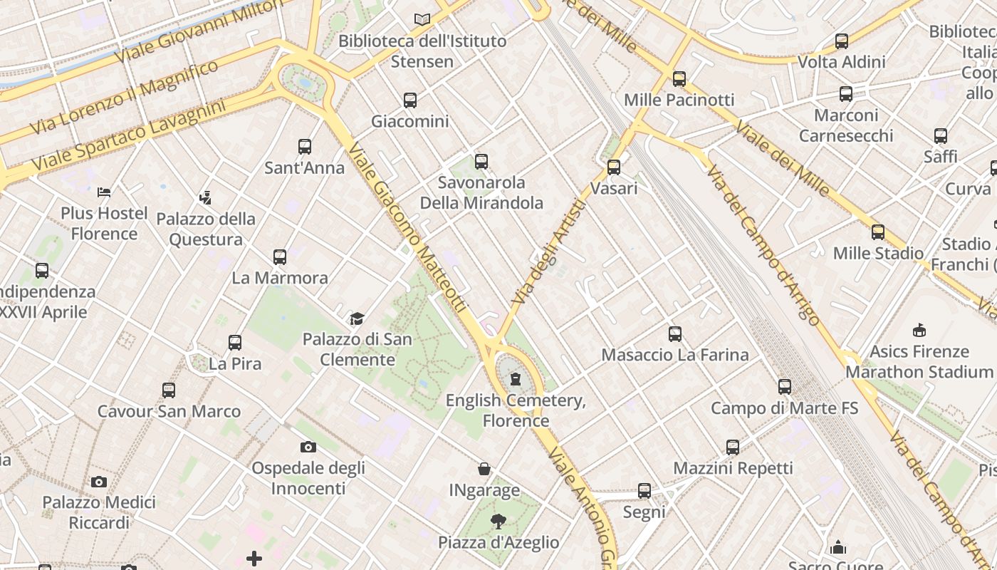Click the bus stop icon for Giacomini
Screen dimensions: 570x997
coord(410,100)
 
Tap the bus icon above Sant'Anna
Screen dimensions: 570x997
coord(305,147)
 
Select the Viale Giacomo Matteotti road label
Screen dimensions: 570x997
coord(408,227)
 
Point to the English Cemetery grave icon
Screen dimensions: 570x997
coord(516,379)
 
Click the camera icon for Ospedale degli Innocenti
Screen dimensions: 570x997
coord(308,447)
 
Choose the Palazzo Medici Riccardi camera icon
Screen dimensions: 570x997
coord(99,482)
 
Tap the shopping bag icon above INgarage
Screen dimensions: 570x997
coord(484,469)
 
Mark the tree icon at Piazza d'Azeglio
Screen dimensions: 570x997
coord(499,522)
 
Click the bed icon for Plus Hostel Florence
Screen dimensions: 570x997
coord(104,192)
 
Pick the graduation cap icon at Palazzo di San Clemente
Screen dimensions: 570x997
coord(357,318)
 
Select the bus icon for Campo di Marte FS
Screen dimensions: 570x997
coord(785,387)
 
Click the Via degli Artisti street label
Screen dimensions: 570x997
coord(548,252)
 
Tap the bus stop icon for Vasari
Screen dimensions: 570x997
coord(614,168)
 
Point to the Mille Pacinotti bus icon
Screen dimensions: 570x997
coord(679,79)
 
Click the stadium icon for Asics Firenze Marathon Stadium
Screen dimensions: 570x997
coord(919,331)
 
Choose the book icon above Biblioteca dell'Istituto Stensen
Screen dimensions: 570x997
coord(422,20)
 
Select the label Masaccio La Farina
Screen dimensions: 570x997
coord(675,355)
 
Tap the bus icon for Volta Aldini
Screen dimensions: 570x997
coord(842,41)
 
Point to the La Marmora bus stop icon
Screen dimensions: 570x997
coord(280,256)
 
